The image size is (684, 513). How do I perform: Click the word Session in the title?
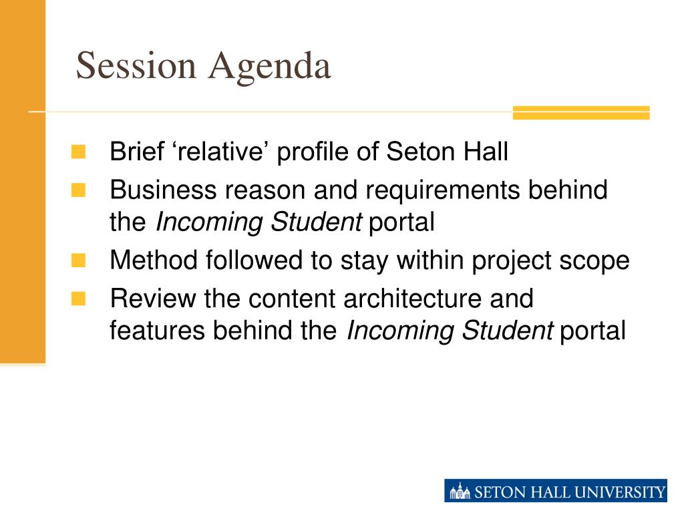coord(136,65)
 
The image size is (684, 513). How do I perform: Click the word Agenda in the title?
coord(270,68)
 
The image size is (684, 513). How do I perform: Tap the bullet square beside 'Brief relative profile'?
coord(79,152)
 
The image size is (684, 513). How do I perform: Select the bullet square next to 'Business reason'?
coord(79,190)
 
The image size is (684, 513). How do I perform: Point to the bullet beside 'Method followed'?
coord(79,261)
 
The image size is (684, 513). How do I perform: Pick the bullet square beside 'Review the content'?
coord(79,299)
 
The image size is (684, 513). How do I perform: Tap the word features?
coord(157,330)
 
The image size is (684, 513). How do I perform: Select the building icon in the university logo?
coord(460,491)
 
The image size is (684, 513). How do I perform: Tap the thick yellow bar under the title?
coord(581,112)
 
